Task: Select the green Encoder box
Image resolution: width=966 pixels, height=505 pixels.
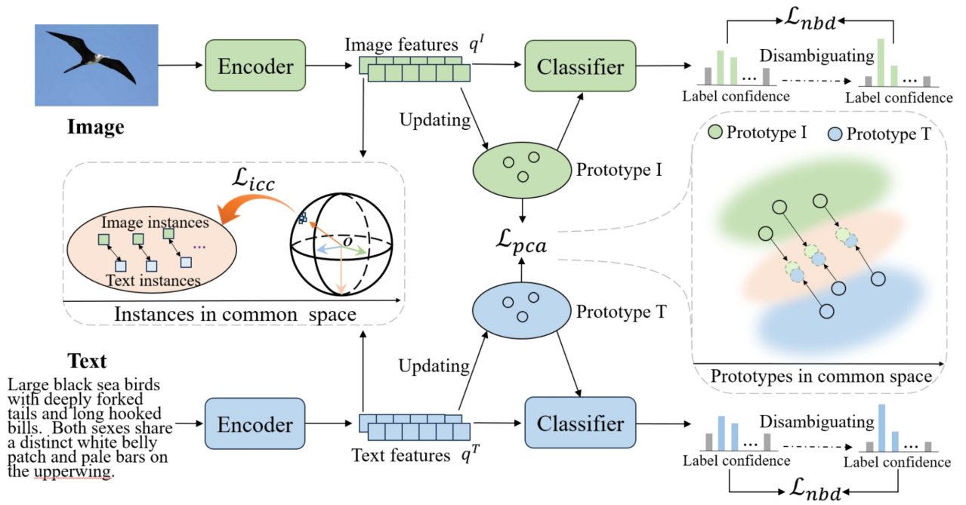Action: tap(255, 66)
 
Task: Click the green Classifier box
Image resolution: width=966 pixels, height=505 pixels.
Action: tap(581, 66)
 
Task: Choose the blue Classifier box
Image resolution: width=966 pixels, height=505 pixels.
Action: tap(581, 423)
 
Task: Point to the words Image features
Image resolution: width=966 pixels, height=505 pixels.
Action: tap(401, 45)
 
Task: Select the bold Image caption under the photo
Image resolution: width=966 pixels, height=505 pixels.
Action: tap(96, 128)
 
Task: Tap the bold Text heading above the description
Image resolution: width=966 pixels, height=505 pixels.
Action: tap(88, 360)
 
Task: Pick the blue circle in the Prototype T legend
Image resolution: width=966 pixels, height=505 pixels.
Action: tap(835, 134)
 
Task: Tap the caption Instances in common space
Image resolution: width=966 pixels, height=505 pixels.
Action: tap(235, 314)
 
